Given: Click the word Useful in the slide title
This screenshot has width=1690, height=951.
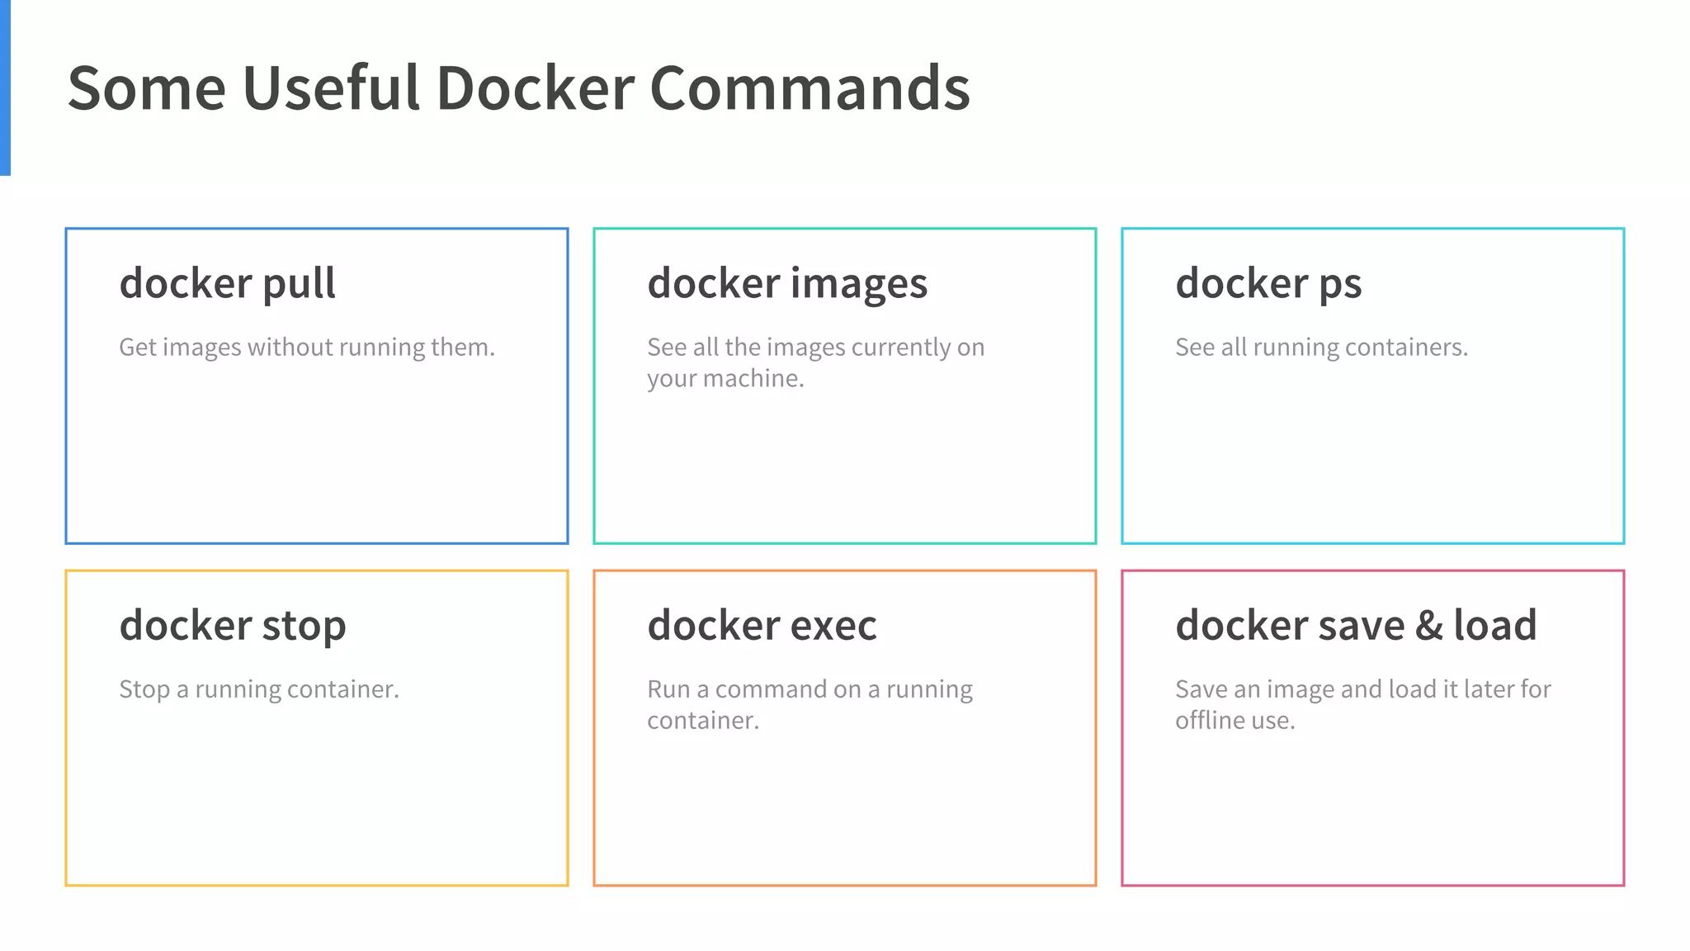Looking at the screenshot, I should point(331,88).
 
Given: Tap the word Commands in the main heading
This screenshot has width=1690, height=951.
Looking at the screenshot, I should point(810,88).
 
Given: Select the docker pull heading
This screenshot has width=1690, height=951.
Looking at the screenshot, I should point(228,284).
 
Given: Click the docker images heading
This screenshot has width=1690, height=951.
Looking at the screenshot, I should point(787,284).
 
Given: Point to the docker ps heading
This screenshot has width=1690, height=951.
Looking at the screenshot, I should point(1268,284).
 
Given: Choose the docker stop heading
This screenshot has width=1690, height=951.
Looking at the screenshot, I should point(233,626).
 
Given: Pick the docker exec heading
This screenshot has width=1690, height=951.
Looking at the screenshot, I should point(762,626).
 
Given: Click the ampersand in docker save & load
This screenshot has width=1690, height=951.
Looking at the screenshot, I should point(1429,626).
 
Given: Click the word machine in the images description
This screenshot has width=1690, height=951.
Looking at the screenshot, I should point(753,379).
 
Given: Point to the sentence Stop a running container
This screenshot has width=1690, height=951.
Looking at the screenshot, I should point(259,689).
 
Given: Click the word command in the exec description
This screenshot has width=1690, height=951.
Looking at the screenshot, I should point(775,689).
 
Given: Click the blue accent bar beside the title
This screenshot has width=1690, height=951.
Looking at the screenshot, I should point(5,88).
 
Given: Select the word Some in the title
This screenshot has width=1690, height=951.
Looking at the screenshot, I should point(146,88).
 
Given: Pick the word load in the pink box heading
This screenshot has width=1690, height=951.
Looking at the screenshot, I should point(1494,626).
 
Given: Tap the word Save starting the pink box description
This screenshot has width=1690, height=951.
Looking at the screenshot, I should point(1201,689).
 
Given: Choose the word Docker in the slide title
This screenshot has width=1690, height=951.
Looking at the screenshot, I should point(536,88).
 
